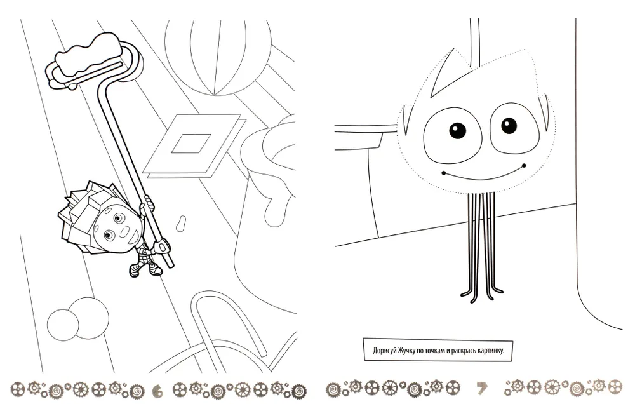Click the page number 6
(x=158, y=391)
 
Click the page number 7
(x=481, y=389)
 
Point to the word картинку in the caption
(x=491, y=351)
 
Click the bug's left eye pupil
(x=458, y=130)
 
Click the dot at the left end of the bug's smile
(x=444, y=173)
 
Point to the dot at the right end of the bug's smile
(x=524, y=165)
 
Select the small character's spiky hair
(x=81, y=211)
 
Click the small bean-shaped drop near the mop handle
(x=181, y=223)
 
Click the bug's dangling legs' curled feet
(x=482, y=293)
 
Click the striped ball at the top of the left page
(x=218, y=57)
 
